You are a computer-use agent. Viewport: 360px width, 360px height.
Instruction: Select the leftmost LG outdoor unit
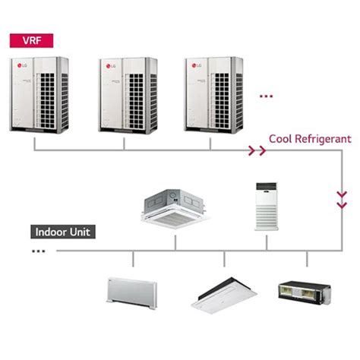[x=39, y=94]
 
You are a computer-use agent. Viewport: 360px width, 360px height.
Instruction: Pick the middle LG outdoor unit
[x=127, y=94]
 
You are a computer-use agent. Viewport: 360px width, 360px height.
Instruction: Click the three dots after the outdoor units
[x=266, y=97]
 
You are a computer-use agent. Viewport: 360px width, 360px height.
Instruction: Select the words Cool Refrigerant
[x=309, y=140]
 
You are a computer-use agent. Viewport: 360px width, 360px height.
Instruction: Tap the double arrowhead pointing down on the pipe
[x=341, y=202]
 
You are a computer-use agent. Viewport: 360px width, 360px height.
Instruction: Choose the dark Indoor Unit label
[x=62, y=232]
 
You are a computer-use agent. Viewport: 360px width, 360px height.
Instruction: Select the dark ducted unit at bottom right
[x=305, y=291]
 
